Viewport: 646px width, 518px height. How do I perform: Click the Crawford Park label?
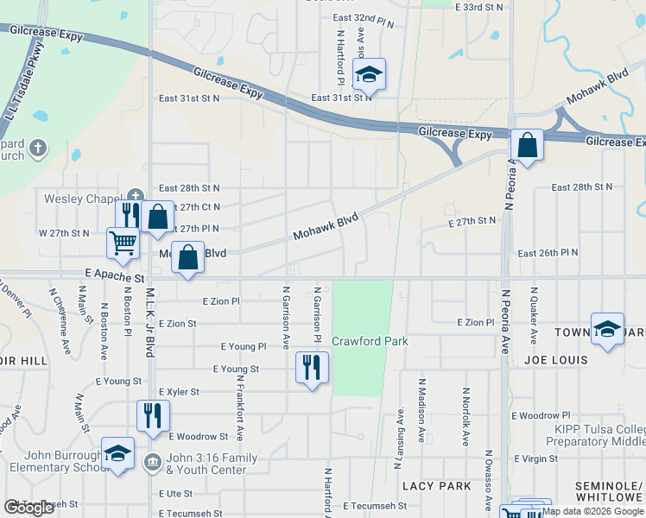tap(370, 341)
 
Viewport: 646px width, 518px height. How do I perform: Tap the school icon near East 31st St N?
tap(370, 75)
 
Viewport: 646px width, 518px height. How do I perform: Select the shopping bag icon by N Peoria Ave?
tap(527, 145)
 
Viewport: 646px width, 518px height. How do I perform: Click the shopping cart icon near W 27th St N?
tap(123, 243)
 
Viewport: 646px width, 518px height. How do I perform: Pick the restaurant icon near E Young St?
tap(312, 368)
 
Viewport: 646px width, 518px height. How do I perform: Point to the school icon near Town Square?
tap(608, 329)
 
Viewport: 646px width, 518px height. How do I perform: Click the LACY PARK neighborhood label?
tap(442, 487)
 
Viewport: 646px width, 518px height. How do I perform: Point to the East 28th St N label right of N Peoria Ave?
tap(581, 187)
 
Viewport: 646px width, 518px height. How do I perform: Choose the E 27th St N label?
tap(472, 222)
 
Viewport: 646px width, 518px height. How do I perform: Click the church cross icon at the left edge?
tap(37, 148)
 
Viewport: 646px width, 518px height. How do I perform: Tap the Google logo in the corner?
tap(29, 508)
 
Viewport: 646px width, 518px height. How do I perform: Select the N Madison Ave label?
tap(422, 409)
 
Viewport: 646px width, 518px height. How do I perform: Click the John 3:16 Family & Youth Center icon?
tap(153, 459)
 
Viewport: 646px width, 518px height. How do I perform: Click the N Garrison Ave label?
tap(285, 317)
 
